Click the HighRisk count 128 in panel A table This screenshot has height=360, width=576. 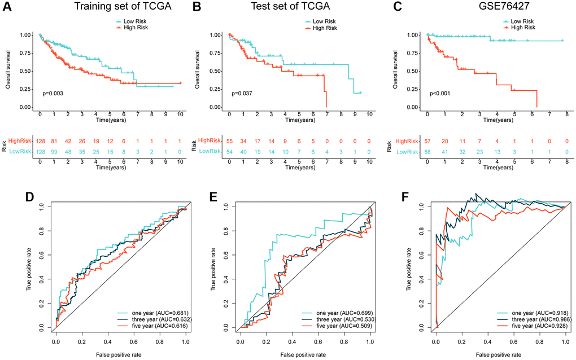[x=40, y=140]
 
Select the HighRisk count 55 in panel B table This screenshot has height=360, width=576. [x=229, y=140]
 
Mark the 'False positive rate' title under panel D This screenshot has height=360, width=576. [x=121, y=354]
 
